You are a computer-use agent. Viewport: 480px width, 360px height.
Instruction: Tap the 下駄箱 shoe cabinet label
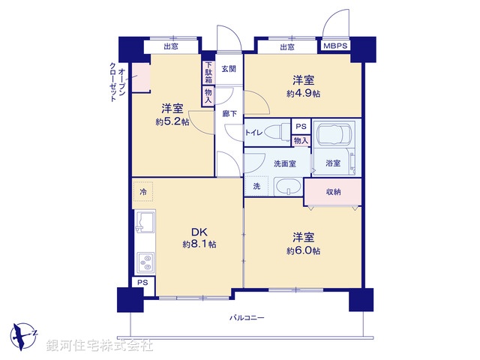[208, 72]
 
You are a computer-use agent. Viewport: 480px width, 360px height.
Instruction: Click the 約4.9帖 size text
[303, 94]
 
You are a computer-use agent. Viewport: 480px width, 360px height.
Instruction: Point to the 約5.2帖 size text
[172, 121]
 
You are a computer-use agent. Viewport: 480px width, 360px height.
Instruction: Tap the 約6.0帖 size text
[303, 250]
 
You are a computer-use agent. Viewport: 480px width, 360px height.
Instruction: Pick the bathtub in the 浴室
[335, 136]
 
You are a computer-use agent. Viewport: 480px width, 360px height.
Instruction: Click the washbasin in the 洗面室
[287, 186]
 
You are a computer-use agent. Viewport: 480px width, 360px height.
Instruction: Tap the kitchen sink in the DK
[145, 223]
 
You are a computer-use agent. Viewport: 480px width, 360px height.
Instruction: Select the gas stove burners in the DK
[144, 263]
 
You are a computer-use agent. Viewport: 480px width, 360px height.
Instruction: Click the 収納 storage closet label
[333, 192]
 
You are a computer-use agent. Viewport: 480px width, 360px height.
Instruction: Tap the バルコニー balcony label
[247, 317]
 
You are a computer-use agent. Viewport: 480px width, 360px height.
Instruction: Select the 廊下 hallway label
[229, 113]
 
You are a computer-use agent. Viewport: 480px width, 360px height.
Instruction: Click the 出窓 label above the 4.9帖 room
[286, 46]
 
